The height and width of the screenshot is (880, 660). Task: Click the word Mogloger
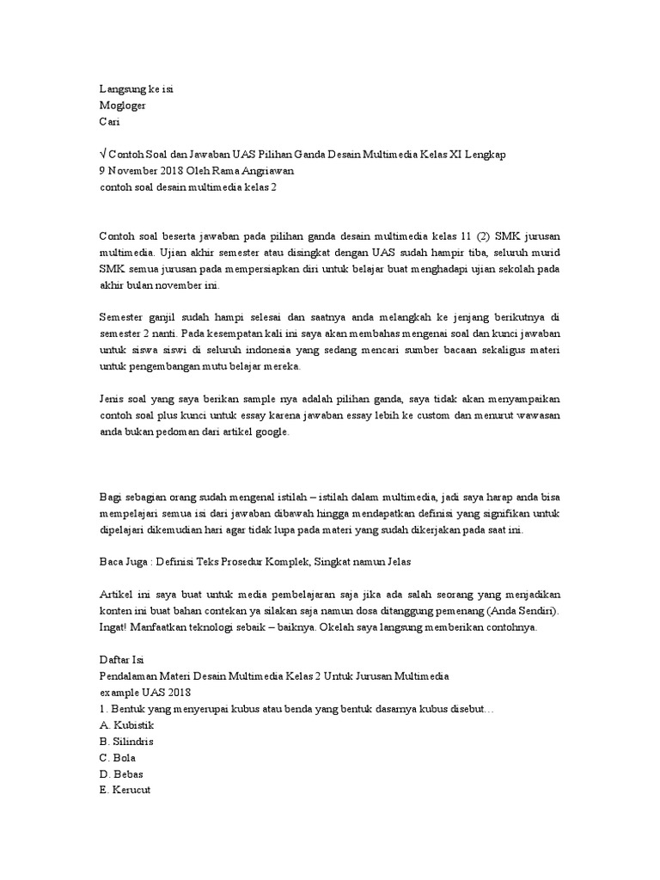coord(123,106)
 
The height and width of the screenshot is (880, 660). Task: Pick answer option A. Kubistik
coord(127,725)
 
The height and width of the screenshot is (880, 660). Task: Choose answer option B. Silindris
coord(127,742)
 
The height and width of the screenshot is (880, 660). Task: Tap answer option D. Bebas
coord(121,774)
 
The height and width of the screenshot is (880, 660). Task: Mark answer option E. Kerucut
coord(125,791)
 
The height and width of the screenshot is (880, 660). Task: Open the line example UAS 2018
coord(146,693)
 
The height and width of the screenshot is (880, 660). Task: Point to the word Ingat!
coord(116,627)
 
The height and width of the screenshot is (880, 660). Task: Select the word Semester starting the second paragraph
coord(125,318)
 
